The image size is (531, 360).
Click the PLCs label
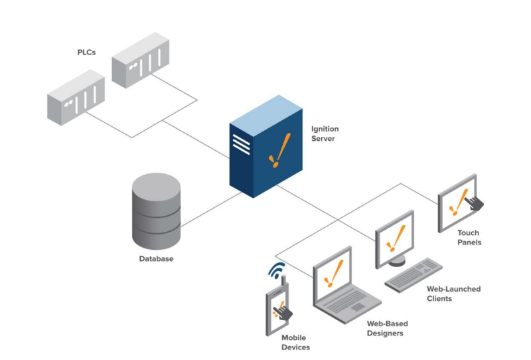pyautogui.click(x=86, y=51)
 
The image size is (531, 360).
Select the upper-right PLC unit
pyautogui.click(x=141, y=60)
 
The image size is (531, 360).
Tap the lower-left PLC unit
pyautogui.click(x=76, y=99)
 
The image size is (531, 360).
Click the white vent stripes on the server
pyautogui.click(x=241, y=143)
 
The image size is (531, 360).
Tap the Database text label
pyautogui.click(x=156, y=258)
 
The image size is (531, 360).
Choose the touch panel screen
pyautogui.click(x=457, y=201)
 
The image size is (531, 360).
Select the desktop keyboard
pyautogui.click(x=414, y=274)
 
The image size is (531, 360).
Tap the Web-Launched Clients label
pyautogui.click(x=453, y=294)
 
